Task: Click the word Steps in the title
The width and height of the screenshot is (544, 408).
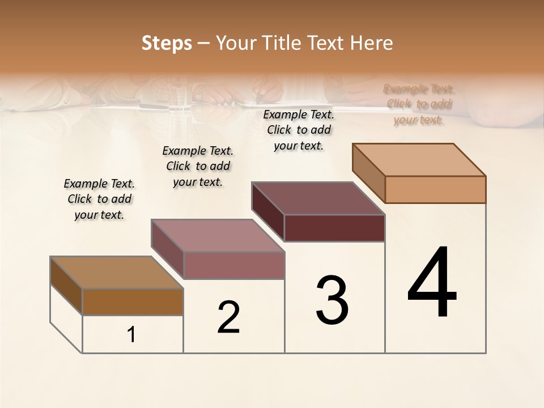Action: (167, 43)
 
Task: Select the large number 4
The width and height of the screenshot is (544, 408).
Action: (432, 283)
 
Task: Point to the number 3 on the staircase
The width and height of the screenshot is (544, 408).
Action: (332, 300)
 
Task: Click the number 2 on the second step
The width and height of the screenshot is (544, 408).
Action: (228, 317)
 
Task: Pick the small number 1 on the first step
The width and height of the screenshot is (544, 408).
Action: (131, 335)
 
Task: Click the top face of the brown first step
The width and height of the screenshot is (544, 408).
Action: (117, 273)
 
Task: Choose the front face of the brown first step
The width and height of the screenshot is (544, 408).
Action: (133, 302)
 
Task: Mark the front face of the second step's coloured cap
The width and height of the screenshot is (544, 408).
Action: (234, 265)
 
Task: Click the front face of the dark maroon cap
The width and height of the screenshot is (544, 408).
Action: (334, 228)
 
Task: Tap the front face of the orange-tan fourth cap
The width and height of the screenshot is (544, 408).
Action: (435, 189)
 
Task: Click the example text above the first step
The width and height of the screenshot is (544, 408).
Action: (99, 199)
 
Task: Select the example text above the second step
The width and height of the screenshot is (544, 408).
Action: (198, 166)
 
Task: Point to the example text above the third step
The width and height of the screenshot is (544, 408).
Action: (299, 130)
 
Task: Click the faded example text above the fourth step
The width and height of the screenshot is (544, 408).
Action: (419, 104)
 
